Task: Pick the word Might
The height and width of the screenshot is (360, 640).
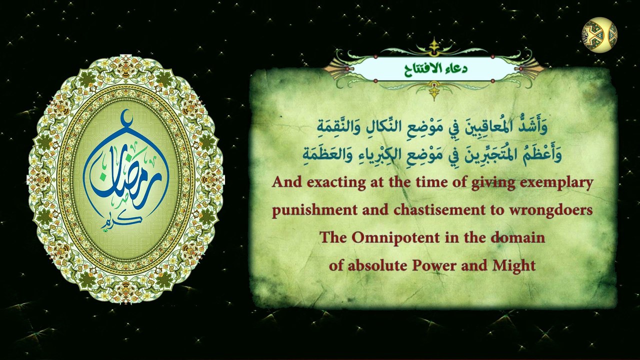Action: pos(515,265)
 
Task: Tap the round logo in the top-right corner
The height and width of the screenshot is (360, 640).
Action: pos(599,35)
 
